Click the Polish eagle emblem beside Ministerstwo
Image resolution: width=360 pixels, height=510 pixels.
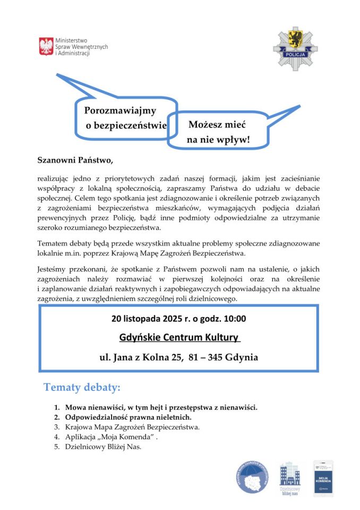(46, 46)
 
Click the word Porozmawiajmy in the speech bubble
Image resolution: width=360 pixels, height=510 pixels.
(120, 110)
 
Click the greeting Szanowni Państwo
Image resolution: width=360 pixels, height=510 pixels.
(75, 159)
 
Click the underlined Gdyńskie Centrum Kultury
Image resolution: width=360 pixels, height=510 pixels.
(179, 338)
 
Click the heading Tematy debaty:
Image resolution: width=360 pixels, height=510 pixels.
(82, 387)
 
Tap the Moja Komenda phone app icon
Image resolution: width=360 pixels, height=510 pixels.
(323, 478)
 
